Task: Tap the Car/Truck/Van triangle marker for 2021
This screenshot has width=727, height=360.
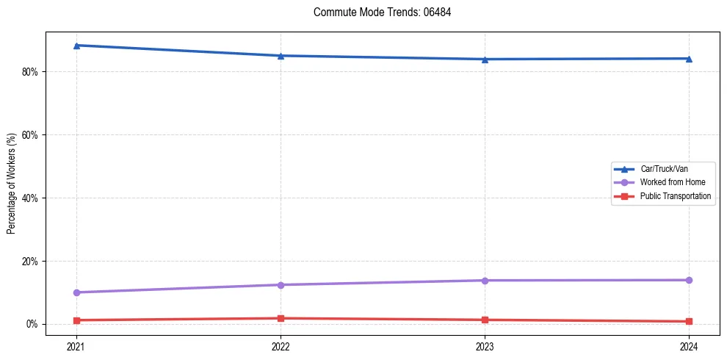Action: (76, 46)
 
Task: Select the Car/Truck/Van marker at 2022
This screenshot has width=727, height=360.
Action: (281, 56)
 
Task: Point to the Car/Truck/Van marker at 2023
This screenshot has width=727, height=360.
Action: (485, 60)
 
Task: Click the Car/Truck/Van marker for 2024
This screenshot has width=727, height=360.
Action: (689, 59)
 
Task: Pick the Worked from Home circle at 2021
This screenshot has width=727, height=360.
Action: (76, 292)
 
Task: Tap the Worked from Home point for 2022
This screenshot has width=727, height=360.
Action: (281, 285)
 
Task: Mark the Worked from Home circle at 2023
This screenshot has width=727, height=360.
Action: (485, 281)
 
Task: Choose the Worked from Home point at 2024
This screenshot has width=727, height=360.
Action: (689, 280)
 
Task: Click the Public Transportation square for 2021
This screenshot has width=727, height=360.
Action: (76, 320)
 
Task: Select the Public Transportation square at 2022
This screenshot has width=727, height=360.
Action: (281, 318)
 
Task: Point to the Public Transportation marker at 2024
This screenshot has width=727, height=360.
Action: (689, 321)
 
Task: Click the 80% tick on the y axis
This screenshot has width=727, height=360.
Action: (30, 72)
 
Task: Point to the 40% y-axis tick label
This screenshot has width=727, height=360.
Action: (30, 198)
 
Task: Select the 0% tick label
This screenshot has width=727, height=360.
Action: (32, 325)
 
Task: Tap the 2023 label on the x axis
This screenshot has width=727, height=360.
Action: (485, 347)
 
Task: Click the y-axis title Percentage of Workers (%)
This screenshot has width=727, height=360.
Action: (12, 184)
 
